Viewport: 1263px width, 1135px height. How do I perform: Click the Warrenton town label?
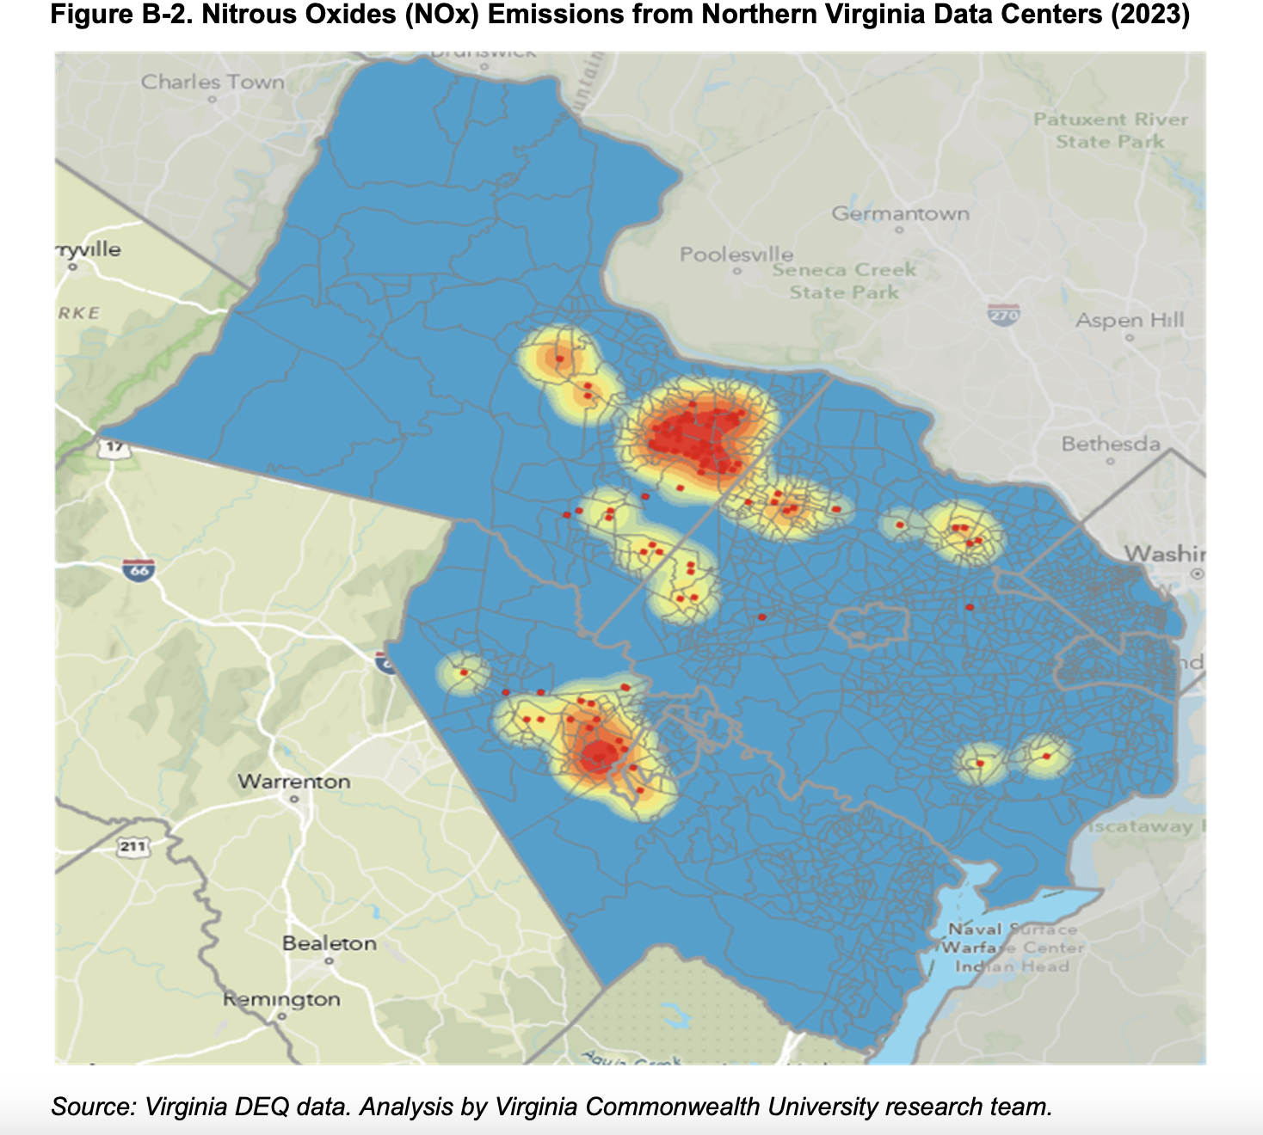click(x=294, y=782)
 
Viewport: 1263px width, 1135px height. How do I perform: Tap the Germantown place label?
click(x=900, y=213)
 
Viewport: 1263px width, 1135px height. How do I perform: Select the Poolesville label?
click(x=736, y=255)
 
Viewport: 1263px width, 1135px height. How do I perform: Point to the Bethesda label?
click(x=1111, y=445)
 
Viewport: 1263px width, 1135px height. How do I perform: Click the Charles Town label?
click(x=213, y=83)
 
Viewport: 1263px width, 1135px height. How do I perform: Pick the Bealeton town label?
click(x=330, y=943)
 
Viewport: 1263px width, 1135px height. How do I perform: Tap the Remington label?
click(x=281, y=999)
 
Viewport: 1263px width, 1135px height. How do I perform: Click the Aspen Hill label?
click(x=1130, y=321)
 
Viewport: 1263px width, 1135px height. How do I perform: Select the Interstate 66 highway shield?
click(x=139, y=569)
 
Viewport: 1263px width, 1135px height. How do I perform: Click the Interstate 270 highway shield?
click(x=1004, y=314)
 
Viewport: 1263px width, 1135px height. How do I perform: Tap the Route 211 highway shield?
click(x=132, y=847)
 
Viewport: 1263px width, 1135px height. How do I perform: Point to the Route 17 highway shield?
click(x=114, y=448)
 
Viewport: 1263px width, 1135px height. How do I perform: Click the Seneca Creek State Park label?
click(x=844, y=281)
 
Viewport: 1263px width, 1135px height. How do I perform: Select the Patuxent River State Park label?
click(x=1110, y=130)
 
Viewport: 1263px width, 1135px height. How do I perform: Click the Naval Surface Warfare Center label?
click(x=1012, y=948)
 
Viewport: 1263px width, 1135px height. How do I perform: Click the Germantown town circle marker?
click(x=899, y=230)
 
